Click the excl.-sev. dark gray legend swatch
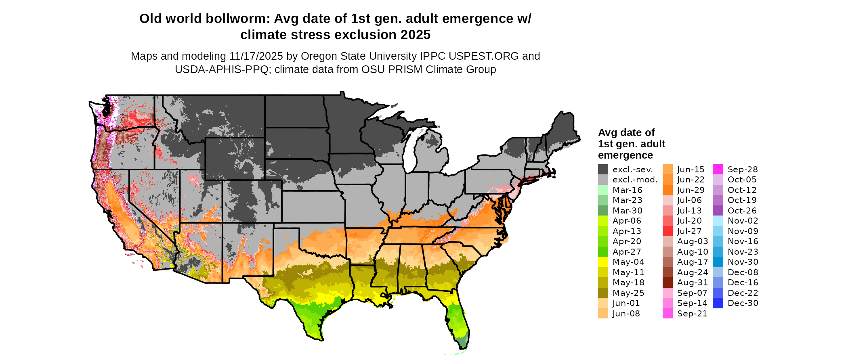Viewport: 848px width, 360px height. coord(603,170)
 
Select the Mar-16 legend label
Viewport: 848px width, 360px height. coord(627,190)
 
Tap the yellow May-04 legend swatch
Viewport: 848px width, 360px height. coord(603,262)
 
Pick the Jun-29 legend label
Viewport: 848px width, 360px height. coord(691,190)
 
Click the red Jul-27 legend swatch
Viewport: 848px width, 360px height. coord(667,231)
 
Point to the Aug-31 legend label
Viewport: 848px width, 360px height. coord(693,283)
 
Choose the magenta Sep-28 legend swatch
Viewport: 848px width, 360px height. coord(718,170)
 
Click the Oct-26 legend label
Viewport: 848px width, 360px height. coord(742,211)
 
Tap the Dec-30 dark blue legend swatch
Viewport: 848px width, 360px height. coord(718,303)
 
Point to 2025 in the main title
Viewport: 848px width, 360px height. coord(416,35)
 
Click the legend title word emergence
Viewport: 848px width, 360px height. coord(625,155)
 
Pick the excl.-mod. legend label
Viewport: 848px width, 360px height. coord(635,180)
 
